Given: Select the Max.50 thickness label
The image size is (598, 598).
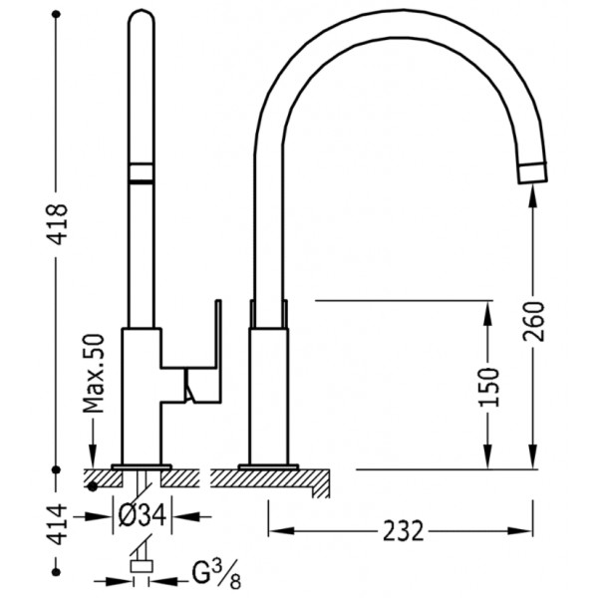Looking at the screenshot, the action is (x=93, y=374).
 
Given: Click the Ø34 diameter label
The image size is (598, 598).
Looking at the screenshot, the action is (x=142, y=516).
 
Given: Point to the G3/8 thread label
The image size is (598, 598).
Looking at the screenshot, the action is (x=216, y=574).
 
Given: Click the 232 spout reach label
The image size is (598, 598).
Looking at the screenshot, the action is (x=403, y=531).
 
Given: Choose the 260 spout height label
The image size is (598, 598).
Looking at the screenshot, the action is (x=534, y=321).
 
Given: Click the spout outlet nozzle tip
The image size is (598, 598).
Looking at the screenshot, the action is (x=532, y=173).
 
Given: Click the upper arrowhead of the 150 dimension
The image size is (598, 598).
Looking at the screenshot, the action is (x=487, y=312).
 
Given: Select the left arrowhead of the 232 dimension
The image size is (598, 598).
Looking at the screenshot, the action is (x=281, y=530).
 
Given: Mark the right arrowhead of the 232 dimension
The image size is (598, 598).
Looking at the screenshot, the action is (x=520, y=530).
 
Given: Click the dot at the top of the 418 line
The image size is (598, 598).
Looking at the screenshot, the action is (x=56, y=15).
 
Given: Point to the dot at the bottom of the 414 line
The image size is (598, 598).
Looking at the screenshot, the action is (x=56, y=572).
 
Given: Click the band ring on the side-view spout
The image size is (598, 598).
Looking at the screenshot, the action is (x=142, y=172).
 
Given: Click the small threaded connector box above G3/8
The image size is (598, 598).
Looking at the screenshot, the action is (x=142, y=566).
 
